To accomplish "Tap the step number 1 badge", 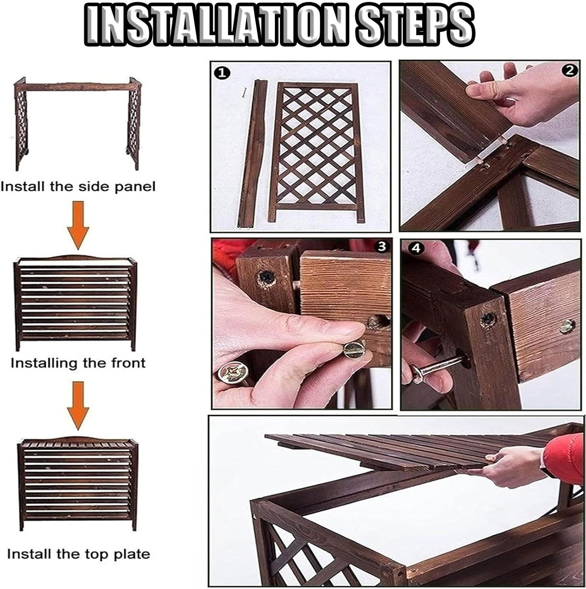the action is tap(222, 73).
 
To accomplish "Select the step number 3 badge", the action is tap(382, 247).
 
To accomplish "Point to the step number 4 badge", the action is tap(416, 248).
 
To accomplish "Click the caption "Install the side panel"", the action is tap(78, 186).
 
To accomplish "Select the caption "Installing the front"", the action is tap(78, 363).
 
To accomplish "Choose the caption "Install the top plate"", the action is tap(79, 554).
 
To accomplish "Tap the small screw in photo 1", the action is tap(244, 93).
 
